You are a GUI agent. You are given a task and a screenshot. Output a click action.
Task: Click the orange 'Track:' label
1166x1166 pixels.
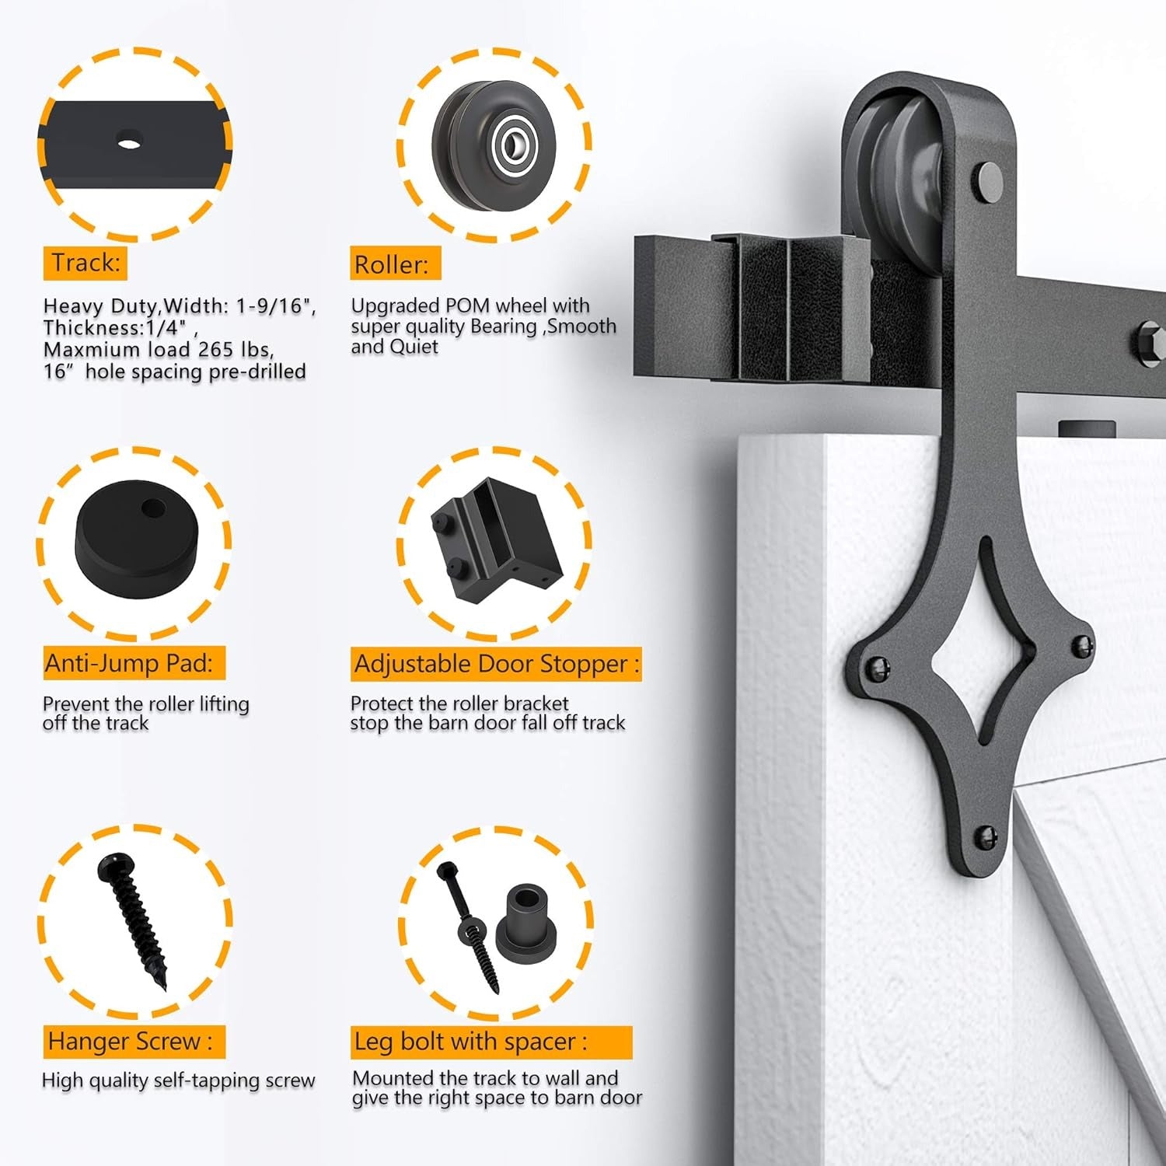[x=85, y=263]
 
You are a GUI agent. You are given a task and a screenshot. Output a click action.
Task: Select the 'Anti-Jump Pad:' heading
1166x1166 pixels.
[x=128, y=664]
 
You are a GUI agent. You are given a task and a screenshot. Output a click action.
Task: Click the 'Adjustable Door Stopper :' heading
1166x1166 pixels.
[x=496, y=665]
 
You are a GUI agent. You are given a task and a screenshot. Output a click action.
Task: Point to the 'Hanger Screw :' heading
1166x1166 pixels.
[x=130, y=1042]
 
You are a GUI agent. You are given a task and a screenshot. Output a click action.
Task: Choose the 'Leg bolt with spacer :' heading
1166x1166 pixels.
[x=470, y=1042]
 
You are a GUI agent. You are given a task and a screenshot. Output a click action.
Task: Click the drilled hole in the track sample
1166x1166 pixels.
[x=129, y=142]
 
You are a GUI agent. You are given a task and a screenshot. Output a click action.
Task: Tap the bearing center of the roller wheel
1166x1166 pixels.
[x=513, y=143]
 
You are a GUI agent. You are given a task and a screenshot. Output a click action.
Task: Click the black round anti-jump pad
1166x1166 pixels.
[x=136, y=537]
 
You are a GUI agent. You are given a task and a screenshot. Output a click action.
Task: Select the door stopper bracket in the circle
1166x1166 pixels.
[x=495, y=539]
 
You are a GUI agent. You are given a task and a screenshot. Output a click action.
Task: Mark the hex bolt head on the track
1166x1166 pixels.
[x=1150, y=342]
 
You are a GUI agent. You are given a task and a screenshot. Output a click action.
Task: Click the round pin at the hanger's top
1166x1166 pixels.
[x=990, y=180]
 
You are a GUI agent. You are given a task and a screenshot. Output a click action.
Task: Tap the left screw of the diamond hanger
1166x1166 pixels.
[x=878, y=667]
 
